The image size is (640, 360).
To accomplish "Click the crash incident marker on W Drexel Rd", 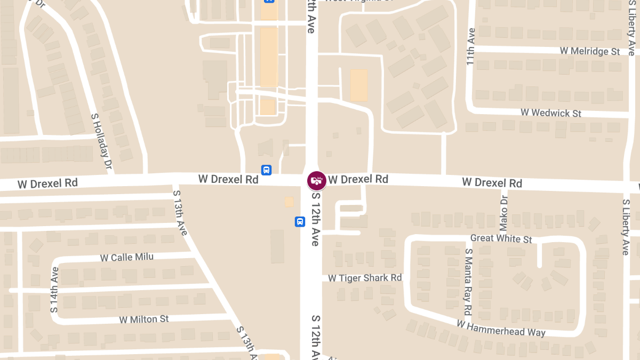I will pyautogui.click(x=316, y=180).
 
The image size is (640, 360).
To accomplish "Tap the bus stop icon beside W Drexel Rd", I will pyautogui.click(x=266, y=170).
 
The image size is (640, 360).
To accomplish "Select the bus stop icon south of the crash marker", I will pyautogui.click(x=300, y=221).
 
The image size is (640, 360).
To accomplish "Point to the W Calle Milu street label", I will pyautogui.click(x=127, y=258).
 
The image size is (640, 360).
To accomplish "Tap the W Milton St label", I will pyautogui.click(x=144, y=319).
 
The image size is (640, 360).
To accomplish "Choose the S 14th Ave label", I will pyautogui.click(x=54, y=290).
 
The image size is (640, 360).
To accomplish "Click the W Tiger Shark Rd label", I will pyautogui.click(x=365, y=278).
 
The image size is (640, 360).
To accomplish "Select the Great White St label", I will pyautogui.click(x=501, y=238).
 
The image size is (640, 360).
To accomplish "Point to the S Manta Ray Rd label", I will pyautogui.click(x=468, y=281).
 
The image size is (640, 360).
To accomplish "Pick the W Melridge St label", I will pyautogui.click(x=590, y=51).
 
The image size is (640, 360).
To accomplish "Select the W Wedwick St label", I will pyautogui.click(x=551, y=113).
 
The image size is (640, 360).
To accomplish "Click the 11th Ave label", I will pyautogui.click(x=470, y=47).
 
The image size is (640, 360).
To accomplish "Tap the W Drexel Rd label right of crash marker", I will pyautogui.click(x=358, y=179).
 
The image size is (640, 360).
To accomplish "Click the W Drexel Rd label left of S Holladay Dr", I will pyautogui.click(x=47, y=183).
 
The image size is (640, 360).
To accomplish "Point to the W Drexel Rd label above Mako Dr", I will pyautogui.click(x=492, y=182).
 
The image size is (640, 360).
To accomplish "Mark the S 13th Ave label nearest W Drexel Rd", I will pyautogui.click(x=180, y=212).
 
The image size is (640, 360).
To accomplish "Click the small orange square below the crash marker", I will pyautogui.click(x=289, y=202).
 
